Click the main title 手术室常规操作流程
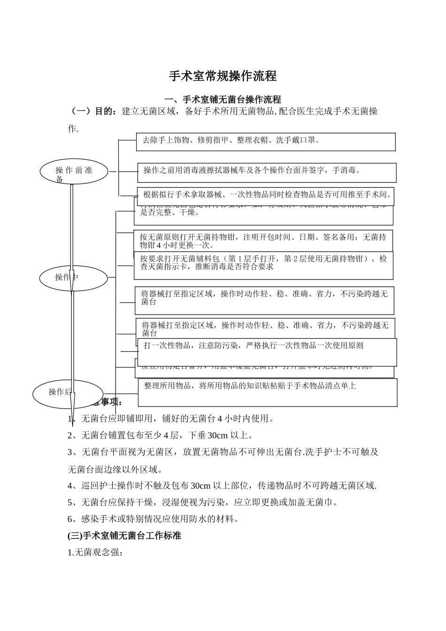coord(223,76)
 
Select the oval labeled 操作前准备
coord(74,172)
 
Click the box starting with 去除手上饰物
coord(266,142)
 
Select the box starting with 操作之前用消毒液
coord(267,172)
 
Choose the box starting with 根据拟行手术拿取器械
coord(265,196)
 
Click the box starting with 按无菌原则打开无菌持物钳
coord(263,241)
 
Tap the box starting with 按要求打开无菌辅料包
coord(263,265)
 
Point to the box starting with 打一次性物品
coord(267,352)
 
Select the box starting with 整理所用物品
coord(268,392)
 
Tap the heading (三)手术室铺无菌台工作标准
coord(124,536)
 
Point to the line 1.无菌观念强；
coord(95,553)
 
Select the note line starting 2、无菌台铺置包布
coord(161,435)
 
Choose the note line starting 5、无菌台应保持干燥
coord(203,502)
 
